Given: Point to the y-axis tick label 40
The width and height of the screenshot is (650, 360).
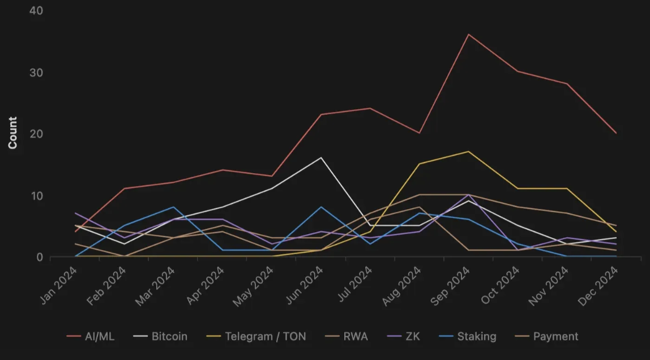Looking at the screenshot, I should pyautogui.click(x=36, y=11).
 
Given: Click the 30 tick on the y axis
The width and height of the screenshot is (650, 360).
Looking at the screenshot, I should pyautogui.click(x=36, y=72).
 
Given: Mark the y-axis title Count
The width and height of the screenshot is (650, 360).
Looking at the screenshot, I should pyautogui.click(x=12, y=133).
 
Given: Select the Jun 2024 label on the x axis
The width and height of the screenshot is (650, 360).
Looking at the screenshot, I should pyautogui.click(x=305, y=285).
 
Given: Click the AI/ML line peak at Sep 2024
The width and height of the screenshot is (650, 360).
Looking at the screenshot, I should pyautogui.click(x=468, y=35).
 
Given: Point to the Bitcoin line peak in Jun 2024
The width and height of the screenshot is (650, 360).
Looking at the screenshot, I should pyautogui.click(x=321, y=157).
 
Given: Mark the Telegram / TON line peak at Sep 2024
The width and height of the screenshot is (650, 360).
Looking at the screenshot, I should pyautogui.click(x=468, y=151).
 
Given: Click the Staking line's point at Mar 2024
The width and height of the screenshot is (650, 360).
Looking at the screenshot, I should pyautogui.click(x=174, y=207).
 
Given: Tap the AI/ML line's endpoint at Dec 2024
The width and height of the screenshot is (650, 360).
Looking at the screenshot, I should pyautogui.click(x=616, y=133).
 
